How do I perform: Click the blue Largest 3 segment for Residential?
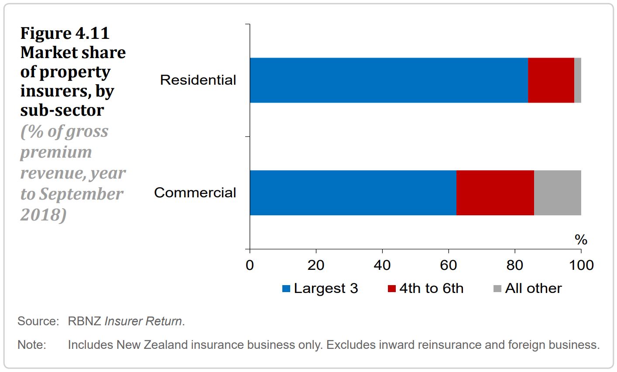tap(388, 80)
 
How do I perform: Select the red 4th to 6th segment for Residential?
tap(551, 80)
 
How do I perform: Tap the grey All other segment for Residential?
tap(577, 80)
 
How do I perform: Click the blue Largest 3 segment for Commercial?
tap(353, 193)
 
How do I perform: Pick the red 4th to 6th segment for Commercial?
tap(495, 193)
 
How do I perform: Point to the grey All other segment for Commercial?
tap(557, 193)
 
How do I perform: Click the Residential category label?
tap(198, 80)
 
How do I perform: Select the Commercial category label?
tap(195, 193)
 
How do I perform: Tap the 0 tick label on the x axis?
tap(250, 265)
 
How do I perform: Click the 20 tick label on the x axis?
tap(316, 265)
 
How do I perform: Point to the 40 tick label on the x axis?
tap(382, 265)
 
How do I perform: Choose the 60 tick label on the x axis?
tap(449, 265)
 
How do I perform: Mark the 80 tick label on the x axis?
tap(515, 265)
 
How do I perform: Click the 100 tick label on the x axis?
tap(581, 265)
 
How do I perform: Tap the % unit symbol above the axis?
tap(581, 240)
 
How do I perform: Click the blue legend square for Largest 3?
tap(286, 289)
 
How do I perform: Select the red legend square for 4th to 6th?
tap(392, 289)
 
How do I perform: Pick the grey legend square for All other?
tap(497, 289)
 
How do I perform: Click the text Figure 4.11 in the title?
tap(65, 33)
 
